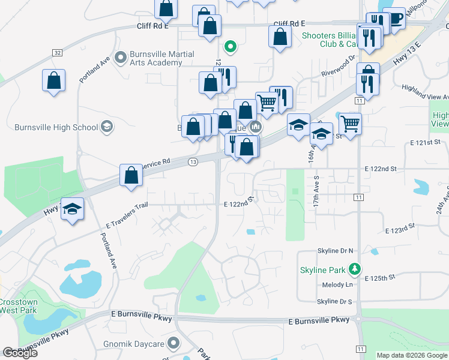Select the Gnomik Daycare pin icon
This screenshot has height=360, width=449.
click(x=174, y=343)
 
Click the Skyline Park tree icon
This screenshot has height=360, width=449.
click(x=356, y=269)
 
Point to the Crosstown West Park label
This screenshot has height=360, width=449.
click(x=18, y=307)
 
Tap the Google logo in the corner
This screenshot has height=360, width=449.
click(x=20, y=353)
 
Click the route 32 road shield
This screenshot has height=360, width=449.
click(x=57, y=53)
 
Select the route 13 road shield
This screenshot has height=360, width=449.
click(x=193, y=162)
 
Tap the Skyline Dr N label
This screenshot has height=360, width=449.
click(x=334, y=250)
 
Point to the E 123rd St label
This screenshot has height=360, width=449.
click(x=400, y=230)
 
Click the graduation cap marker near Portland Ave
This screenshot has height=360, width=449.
click(x=72, y=209)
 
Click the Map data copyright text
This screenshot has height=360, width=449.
click(x=411, y=355)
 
